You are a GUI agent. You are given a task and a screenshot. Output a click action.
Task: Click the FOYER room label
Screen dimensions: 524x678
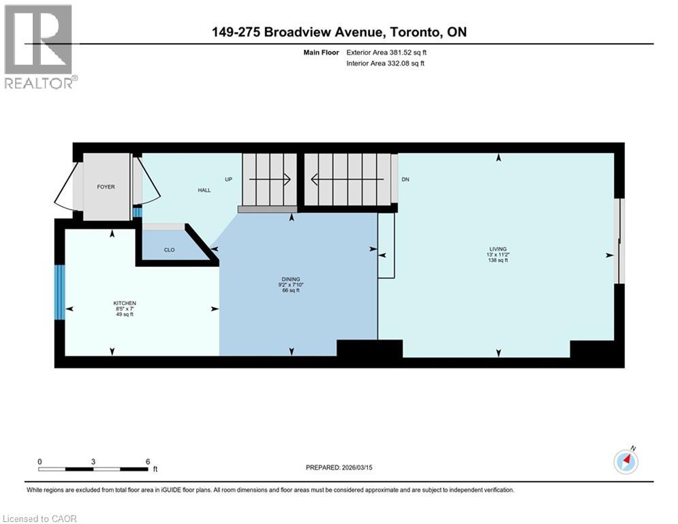pos(106,186)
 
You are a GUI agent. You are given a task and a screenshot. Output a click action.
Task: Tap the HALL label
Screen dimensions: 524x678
pos(204,190)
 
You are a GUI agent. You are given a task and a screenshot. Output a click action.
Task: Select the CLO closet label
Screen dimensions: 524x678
pos(169,250)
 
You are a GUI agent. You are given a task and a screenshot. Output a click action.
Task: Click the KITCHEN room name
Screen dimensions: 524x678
pos(125,302)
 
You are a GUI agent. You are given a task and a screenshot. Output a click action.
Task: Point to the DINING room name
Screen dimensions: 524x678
pos(292,279)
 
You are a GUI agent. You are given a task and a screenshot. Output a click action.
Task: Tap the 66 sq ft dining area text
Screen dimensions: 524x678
pos(292,291)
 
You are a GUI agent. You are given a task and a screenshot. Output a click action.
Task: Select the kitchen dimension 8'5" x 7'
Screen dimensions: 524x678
pos(125,308)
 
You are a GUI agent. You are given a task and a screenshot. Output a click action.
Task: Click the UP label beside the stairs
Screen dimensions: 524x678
pos(229,179)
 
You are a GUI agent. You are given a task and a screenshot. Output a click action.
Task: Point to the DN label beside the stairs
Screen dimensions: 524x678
pos(405,179)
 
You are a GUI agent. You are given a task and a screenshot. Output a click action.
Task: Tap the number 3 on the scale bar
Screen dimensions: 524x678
pos(93,461)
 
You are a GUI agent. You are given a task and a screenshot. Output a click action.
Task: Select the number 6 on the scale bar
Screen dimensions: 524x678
pos(148,461)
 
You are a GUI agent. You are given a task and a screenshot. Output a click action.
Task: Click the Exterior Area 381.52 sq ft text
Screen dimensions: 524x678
pos(386,52)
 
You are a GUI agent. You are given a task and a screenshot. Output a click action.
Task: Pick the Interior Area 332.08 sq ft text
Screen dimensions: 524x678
pos(386,63)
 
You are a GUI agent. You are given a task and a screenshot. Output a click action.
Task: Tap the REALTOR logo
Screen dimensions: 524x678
pos(40,46)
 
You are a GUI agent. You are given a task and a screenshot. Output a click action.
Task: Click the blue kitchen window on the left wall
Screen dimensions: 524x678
pos(59,291)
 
